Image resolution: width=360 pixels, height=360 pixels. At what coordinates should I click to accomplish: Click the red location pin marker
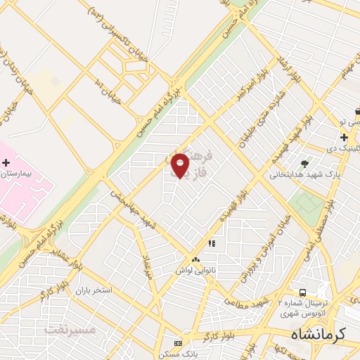pos(181,166)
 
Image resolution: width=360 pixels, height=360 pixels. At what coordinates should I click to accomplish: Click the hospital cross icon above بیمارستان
pos(6,162)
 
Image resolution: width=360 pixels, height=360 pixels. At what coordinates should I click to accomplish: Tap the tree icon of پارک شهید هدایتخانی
pos(304,163)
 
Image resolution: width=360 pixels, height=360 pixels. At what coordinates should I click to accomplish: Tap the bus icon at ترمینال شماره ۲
pos(302,292)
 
